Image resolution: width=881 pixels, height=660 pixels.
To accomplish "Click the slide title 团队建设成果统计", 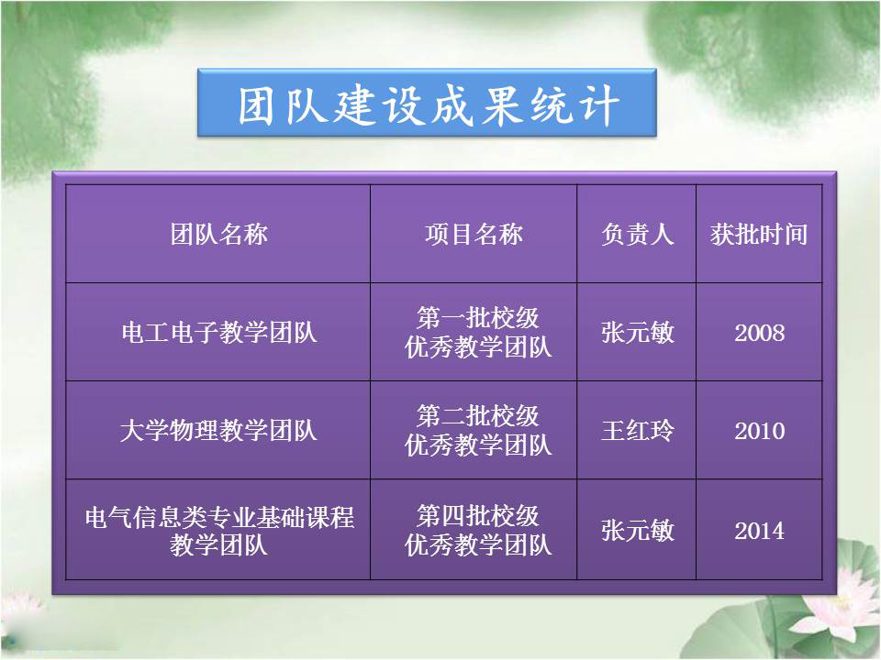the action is [429, 104].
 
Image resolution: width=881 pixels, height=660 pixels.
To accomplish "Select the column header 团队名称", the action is [219, 234].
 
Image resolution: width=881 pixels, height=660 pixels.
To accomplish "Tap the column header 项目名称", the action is [474, 234].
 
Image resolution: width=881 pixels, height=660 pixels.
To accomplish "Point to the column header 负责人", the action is [637, 234].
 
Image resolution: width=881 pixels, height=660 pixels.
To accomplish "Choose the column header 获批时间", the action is [759, 234].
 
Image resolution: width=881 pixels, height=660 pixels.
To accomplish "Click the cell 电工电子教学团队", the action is [219, 332].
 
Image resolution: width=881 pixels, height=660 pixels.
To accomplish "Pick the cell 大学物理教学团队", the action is [219, 431].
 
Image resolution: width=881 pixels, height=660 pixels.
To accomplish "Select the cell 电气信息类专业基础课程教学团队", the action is [219, 531].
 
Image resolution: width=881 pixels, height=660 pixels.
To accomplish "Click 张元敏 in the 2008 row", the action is [637, 332].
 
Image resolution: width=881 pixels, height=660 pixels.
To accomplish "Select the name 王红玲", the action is [637, 431].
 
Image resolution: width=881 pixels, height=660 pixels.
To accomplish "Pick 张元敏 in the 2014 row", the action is [637, 531].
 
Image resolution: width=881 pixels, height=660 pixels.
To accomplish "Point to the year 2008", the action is [760, 333].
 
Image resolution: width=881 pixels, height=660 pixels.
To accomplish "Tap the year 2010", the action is [760, 431].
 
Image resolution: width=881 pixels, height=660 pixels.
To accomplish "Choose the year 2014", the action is [760, 531].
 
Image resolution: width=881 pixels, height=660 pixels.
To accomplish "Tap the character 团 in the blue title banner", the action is [257, 105].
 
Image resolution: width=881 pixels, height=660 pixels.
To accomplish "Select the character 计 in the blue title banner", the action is [600, 105].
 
